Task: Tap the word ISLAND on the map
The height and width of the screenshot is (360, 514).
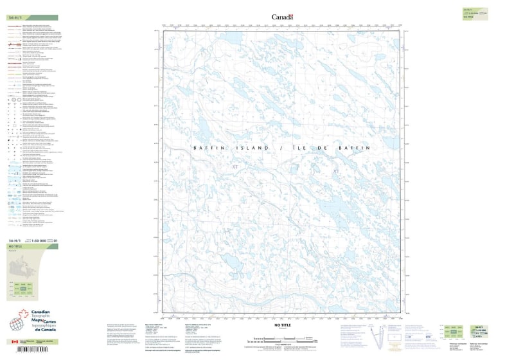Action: (x=251, y=148)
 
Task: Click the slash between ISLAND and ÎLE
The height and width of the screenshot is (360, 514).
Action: (x=281, y=148)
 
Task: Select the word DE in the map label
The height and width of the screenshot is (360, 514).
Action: (x=324, y=148)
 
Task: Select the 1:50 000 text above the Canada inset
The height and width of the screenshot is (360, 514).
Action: (x=39, y=240)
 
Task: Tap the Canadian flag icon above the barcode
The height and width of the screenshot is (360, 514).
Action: (x=14, y=342)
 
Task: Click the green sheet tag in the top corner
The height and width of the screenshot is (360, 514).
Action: (x=476, y=14)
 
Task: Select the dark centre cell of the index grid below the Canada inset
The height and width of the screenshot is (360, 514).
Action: (x=23, y=289)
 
